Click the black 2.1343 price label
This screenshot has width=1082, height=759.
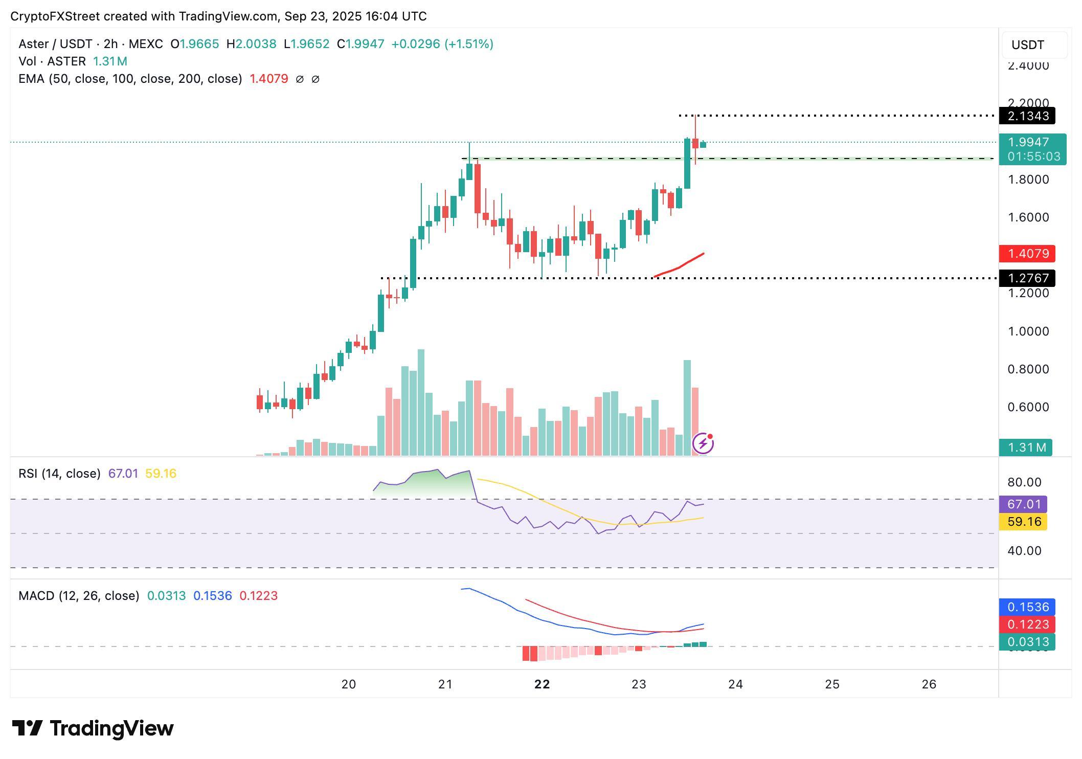coord(1027,116)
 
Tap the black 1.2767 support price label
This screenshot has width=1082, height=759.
coord(1027,278)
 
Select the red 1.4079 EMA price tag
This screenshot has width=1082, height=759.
coord(1027,254)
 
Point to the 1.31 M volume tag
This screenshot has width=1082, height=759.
coord(1025,448)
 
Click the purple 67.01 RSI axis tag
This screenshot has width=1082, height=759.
coord(1023,504)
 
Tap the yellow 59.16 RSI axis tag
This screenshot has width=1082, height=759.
coord(1023,522)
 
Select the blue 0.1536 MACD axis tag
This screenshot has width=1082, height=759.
coord(1027,607)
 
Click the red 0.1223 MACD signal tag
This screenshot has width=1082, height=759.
coord(1027,624)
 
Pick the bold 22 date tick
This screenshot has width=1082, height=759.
coord(542,684)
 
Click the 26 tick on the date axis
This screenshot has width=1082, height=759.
coord(929,684)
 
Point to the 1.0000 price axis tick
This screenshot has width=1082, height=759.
coord(1028,331)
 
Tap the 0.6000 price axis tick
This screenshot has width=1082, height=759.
coord(1028,407)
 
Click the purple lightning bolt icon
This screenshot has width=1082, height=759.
coord(703,443)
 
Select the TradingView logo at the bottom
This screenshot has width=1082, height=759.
coord(93,728)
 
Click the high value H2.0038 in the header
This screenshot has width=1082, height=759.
coord(251,44)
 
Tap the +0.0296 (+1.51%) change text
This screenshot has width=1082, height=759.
coord(442,44)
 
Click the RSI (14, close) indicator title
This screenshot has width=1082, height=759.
coord(59,474)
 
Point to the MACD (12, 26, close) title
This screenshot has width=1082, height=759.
coord(79,596)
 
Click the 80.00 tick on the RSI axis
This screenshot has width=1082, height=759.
coord(1024,482)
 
